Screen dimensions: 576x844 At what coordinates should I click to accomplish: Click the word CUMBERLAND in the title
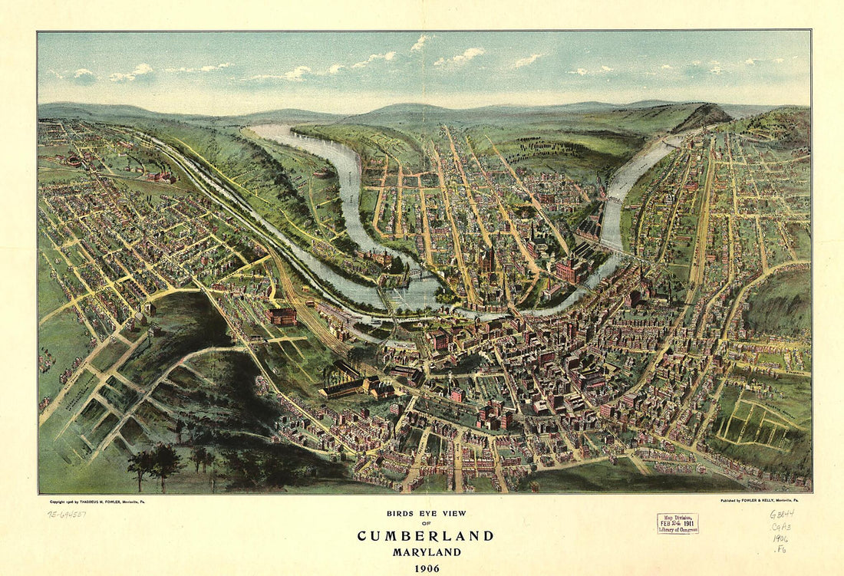pyautogui.click(x=425, y=535)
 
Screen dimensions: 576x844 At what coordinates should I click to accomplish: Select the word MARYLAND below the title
pyautogui.click(x=425, y=552)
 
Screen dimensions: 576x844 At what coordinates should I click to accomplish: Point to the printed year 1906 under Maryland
pyautogui.click(x=425, y=568)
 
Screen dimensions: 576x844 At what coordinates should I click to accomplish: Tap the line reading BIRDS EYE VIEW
pyautogui.click(x=425, y=513)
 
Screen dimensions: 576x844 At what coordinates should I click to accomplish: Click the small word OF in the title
pyautogui.click(x=425, y=524)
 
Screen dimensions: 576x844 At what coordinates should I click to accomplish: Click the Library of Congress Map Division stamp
pyautogui.click(x=678, y=523)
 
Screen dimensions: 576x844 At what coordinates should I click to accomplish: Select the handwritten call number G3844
pyautogui.click(x=783, y=514)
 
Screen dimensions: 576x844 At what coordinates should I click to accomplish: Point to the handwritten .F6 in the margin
pyautogui.click(x=780, y=549)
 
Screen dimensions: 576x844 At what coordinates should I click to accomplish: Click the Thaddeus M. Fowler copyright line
pyautogui.click(x=96, y=500)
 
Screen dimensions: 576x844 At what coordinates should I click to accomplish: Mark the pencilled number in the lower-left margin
pyautogui.click(x=68, y=515)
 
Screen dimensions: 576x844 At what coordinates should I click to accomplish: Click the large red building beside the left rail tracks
pyautogui.click(x=282, y=316)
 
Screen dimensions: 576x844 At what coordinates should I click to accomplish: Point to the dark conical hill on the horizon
pyautogui.click(x=702, y=116)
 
